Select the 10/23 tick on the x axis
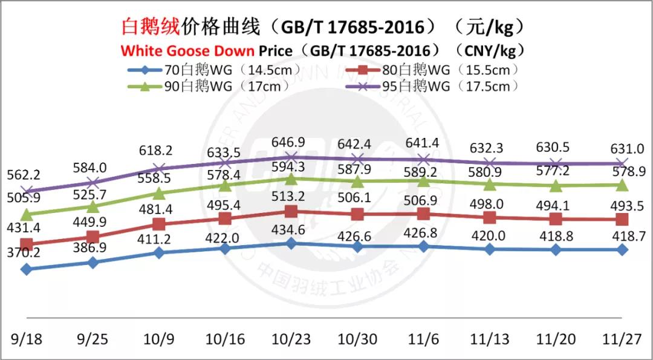(291, 339)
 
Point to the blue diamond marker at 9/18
(26, 269)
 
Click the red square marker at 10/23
(291, 212)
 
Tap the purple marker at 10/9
(159, 169)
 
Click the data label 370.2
(24, 253)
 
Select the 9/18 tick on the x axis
(26, 339)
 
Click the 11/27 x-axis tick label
(622, 339)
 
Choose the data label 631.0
(623, 148)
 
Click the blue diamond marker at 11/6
(424, 246)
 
